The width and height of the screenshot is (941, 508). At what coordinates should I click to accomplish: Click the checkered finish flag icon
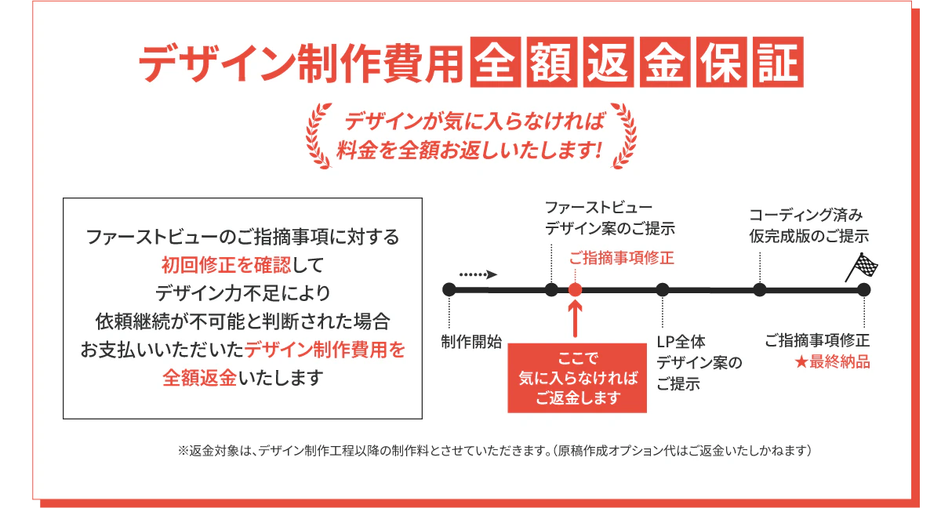(862, 267)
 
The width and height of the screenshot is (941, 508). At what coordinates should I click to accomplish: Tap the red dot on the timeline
(575, 289)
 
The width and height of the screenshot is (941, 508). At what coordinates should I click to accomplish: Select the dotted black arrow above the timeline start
(478, 274)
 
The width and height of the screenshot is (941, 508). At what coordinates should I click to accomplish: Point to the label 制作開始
(471, 342)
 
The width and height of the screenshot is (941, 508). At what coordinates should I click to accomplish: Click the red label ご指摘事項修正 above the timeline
(621, 257)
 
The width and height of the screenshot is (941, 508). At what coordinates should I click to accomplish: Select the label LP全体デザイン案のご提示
(699, 363)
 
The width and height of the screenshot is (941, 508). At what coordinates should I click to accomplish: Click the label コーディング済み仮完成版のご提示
(808, 225)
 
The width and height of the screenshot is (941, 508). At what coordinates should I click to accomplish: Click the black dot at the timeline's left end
(449, 289)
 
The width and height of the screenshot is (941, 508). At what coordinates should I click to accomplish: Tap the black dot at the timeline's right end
(863, 289)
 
